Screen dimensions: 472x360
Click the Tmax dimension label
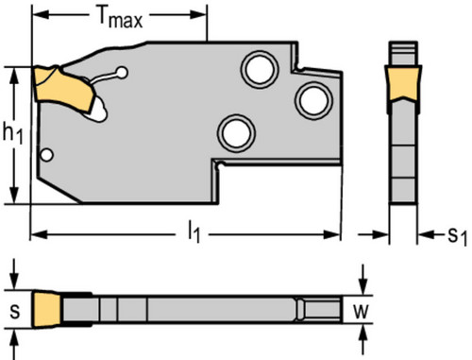coord(120,18)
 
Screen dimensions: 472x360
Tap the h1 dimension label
coord(12,133)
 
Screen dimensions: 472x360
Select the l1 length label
coord(194,232)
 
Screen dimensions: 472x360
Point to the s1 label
coord(457,235)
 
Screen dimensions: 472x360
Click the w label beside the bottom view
coord(361,311)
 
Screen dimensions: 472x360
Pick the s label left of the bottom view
coord(14,312)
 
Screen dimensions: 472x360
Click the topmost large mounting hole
coord(260,69)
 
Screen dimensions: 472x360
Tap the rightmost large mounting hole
coord(313,100)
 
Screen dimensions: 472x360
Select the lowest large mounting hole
coord(236,133)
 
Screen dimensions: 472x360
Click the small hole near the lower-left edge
coord(47,155)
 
